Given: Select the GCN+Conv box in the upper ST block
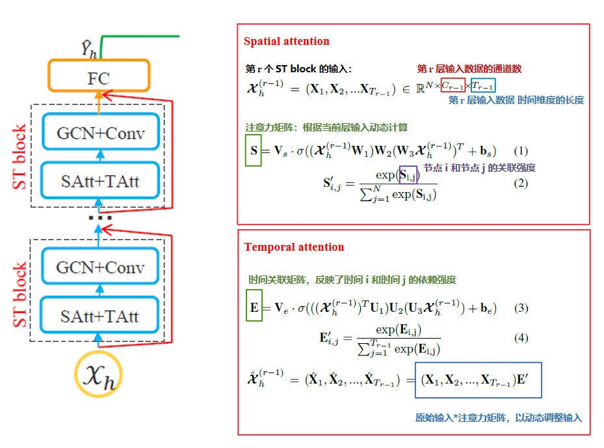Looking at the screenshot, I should (100, 133).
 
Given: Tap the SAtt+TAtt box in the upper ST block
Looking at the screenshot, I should (99, 178).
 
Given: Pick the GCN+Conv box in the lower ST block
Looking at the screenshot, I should (100, 268).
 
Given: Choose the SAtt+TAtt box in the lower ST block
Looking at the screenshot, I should (99, 316).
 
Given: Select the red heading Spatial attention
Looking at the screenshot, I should (286, 42).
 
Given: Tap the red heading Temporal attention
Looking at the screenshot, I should (294, 247).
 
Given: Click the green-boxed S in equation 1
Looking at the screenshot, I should (253, 150).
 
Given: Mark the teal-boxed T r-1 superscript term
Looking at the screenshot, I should (482, 85).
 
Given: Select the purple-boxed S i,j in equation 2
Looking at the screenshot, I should (408, 175).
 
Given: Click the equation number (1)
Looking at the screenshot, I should (521, 151).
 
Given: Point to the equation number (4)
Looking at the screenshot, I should (521, 339).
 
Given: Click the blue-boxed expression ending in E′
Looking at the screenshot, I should (478, 380).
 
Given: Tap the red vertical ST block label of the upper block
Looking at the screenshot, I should (21, 157).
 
